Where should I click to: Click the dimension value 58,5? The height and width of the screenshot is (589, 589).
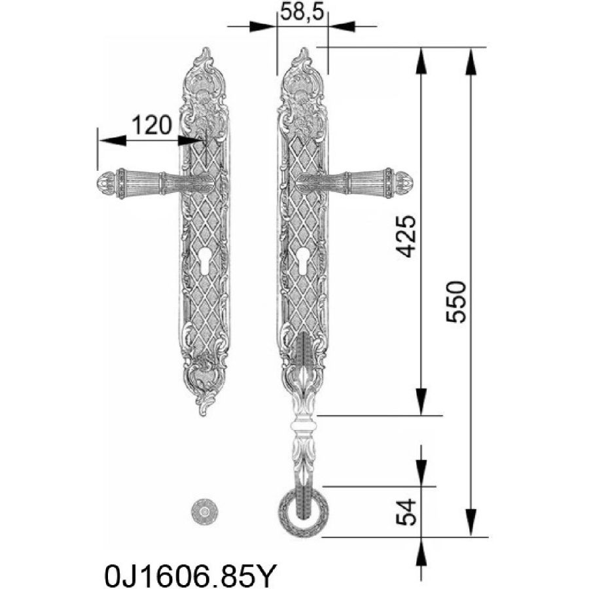pyautogui.click(x=302, y=13)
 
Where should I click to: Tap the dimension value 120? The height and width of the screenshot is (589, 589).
pyautogui.click(x=152, y=125)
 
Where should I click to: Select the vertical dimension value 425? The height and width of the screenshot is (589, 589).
pyautogui.click(x=407, y=236)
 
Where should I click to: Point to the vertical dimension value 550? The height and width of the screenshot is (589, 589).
pyautogui.click(x=455, y=302)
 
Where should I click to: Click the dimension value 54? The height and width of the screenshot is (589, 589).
pyautogui.click(x=407, y=512)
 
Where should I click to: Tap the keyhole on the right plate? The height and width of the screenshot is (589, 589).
pyautogui.click(x=302, y=261)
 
